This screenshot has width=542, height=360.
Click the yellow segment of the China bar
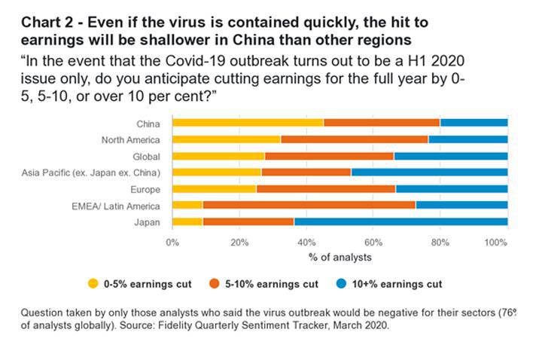click(248, 123)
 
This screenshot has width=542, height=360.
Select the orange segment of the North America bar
click(354, 139)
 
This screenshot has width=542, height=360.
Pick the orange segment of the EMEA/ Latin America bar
click(309, 206)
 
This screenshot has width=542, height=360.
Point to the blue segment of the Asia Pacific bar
click(429, 172)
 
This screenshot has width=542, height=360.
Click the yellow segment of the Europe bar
click(214, 189)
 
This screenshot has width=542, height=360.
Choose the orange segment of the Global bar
click(329, 156)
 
